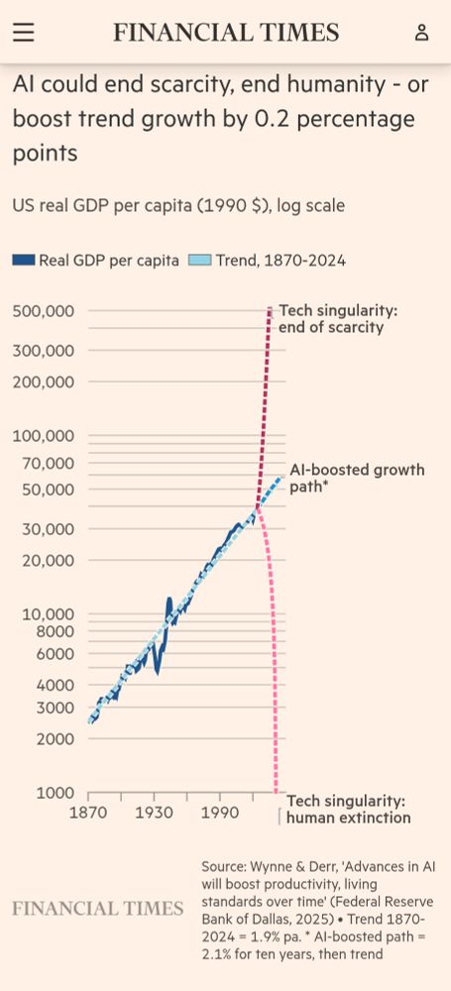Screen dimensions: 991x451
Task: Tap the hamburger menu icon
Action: point(23,33)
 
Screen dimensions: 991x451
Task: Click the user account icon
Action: point(421,33)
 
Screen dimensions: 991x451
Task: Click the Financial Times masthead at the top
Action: point(226,33)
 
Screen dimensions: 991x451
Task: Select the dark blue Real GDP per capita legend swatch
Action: point(24,261)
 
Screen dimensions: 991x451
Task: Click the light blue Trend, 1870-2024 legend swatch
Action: point(199,261)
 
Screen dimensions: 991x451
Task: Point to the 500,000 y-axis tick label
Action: point(44,311)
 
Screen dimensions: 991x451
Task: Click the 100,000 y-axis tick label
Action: point(44,436)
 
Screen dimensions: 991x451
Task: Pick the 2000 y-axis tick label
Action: point(55,738)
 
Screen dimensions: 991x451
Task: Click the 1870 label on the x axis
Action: point(88,813)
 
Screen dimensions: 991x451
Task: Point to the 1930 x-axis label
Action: point(155,813)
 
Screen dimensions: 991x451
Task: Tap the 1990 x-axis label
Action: point(220,813)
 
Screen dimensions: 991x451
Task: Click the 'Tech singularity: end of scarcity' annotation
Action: point(337,319)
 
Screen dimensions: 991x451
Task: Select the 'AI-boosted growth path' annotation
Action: point(356,478)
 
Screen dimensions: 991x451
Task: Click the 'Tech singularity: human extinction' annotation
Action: point(347,810)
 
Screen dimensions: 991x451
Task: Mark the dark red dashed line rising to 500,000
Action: point(266,396)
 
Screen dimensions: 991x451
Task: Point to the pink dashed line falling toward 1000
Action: point(272,644)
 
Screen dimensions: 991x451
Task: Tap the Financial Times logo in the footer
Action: point(97,908)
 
